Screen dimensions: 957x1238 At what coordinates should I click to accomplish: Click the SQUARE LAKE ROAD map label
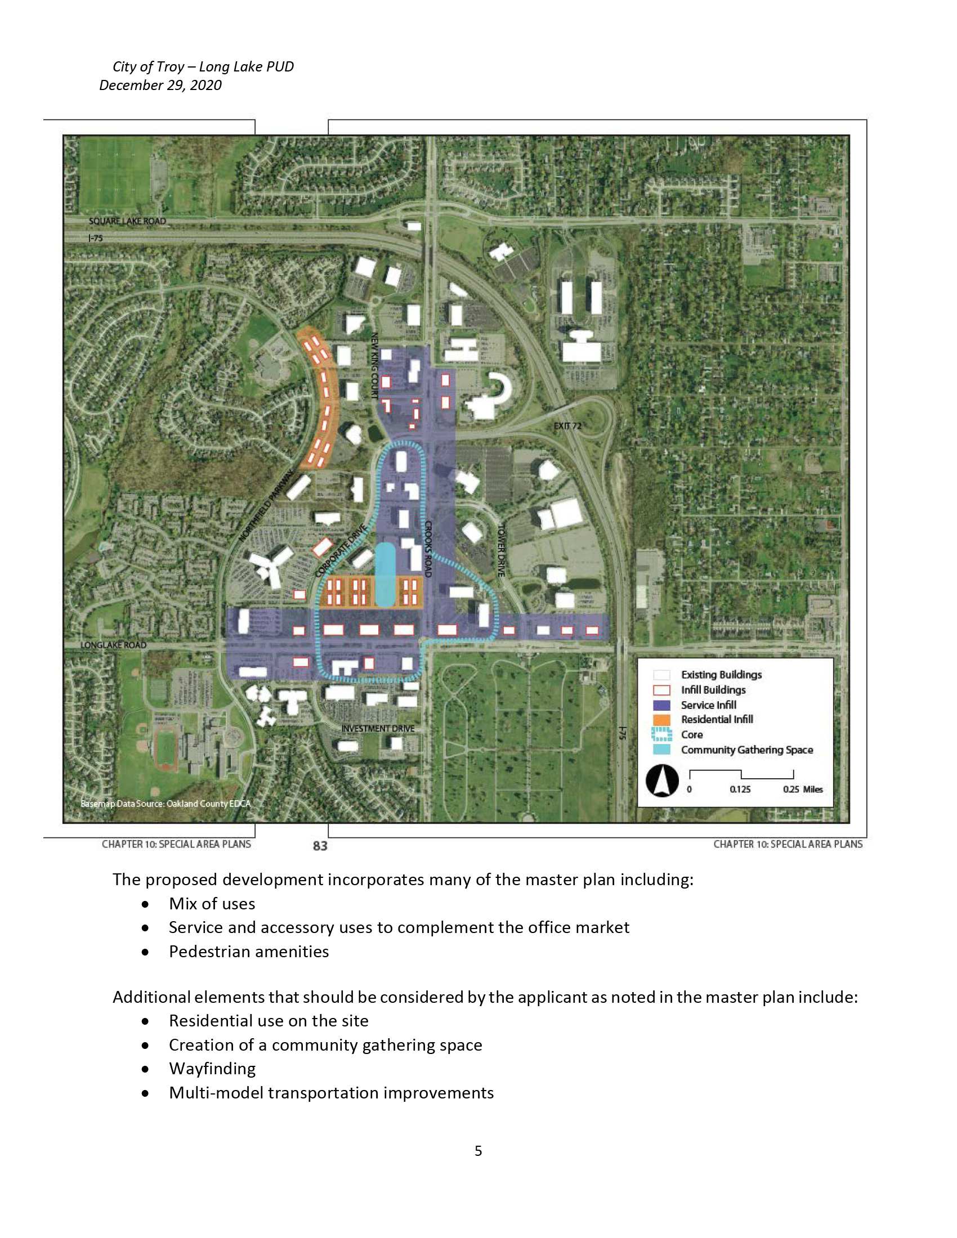128,221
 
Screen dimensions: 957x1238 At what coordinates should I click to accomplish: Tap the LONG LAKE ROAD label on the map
113,645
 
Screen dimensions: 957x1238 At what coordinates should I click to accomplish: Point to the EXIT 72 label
567,426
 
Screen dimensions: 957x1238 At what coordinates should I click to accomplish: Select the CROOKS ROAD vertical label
428,549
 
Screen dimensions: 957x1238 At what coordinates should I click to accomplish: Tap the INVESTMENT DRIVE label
378,728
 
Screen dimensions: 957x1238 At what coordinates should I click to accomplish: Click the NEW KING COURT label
374,366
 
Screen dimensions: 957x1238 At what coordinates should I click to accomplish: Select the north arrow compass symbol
662,781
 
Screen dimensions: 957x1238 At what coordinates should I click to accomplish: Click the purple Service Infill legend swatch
661,705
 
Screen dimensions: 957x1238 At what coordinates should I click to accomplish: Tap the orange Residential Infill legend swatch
661,720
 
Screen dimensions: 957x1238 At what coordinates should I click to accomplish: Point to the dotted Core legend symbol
661,734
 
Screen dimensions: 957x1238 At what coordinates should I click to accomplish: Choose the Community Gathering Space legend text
746,750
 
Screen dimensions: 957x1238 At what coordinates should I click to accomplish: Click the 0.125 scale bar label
740,789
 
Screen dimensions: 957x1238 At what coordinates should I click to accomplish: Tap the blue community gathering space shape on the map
385,575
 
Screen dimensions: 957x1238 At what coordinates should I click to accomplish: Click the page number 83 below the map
320,846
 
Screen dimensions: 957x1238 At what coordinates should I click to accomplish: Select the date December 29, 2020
160,85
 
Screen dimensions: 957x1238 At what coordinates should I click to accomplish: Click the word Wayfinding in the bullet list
212,1069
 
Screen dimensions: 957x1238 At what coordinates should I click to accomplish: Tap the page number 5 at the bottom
479,1151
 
